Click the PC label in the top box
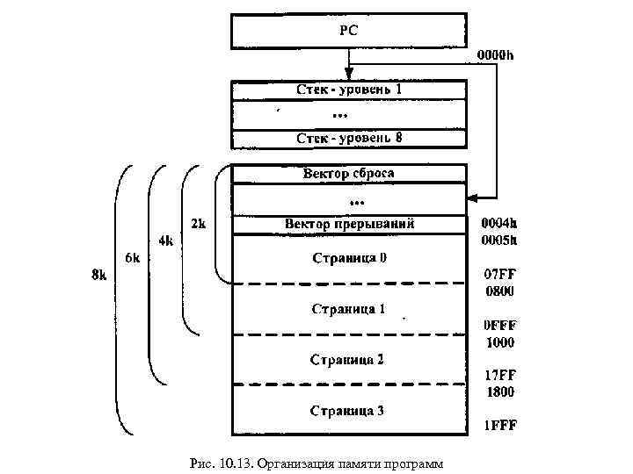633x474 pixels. click(348, 30)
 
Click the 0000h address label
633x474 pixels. click(496, 55)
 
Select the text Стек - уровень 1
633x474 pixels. click(348, 91)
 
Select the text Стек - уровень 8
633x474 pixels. click(348, 138)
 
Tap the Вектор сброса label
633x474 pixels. click(348, 173)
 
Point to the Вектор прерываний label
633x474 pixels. click(349, 224)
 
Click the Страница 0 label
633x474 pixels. click(349, 258)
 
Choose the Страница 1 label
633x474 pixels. click(349, 309)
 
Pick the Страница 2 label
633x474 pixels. click(349, 359)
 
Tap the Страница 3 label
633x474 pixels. click(349, 411)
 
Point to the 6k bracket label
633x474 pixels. click(133, 258)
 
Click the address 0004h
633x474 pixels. click(499, 224)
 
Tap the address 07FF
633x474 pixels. click(498, 275)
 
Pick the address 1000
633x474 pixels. click(499, 342)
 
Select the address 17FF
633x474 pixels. click(499, 376)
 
